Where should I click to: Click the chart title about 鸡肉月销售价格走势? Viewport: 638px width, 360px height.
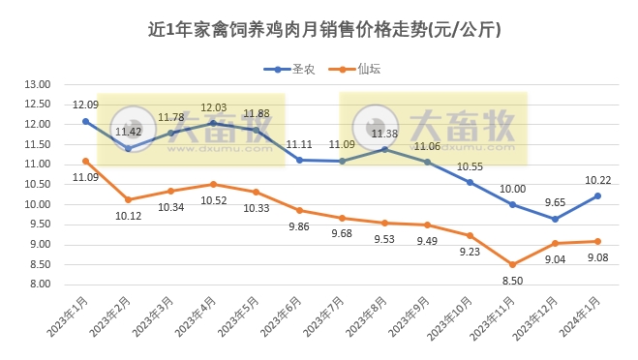[319, 30]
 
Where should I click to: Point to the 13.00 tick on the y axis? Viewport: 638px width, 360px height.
[37, 84]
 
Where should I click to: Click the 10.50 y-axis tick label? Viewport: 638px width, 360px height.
[37, 185]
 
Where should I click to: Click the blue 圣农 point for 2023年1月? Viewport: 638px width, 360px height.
[85, 121]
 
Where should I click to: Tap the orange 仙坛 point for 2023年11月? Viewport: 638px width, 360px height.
[512, 264]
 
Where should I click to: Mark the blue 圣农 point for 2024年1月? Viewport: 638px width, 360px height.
[597, 195]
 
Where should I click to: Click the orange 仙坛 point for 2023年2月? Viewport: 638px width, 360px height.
[128, 199]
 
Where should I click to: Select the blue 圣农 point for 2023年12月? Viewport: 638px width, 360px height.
[555, 219]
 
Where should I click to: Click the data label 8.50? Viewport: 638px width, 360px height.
[512, 280]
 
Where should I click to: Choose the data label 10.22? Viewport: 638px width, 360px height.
[597, 179]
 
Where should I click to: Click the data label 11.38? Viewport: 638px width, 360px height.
[384, 134]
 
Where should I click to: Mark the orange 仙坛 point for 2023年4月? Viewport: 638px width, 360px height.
[213, 184]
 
